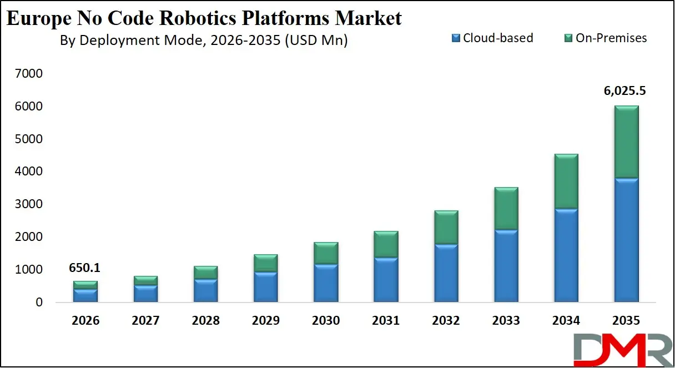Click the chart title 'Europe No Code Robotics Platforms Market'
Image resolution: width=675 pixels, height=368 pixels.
[203, 18]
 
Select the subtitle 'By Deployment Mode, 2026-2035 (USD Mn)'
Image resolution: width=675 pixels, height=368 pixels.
[203, 41]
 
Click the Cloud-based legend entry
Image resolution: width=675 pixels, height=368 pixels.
[492, 38]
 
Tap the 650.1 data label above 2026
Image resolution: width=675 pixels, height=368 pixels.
[85, 268]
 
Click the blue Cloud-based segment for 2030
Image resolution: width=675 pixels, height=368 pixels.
[326, 283]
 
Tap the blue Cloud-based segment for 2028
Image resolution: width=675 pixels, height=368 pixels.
[205, 290]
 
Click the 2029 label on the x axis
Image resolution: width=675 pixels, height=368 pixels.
[265, 321]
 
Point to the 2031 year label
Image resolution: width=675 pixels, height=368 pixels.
[386, 321]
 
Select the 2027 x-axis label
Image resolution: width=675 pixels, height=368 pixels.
[145, 321]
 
